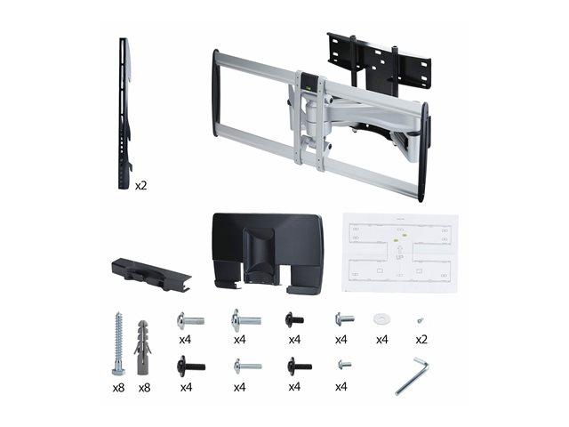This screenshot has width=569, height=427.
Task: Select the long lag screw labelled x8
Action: [118, 343]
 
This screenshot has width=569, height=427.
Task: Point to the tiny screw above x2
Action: [421, 320]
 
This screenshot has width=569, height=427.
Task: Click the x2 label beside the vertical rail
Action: [140, 186]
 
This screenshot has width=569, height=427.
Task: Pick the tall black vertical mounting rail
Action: [124, 113]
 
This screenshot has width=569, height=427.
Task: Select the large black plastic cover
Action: [268, 253]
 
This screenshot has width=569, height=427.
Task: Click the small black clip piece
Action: [151, 274]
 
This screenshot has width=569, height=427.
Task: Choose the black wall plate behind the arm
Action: [380, 62]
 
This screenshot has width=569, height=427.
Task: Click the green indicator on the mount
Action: [309, 87]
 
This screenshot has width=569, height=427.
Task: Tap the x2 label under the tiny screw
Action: [421, 340]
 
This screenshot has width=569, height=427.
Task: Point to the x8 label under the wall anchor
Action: [144, 388]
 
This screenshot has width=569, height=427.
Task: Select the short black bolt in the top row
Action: [294, 320]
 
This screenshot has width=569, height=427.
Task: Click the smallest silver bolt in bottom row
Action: [344, 364]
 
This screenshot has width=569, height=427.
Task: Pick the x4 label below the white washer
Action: [381, 340]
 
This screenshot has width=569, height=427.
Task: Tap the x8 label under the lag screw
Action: [118, 388]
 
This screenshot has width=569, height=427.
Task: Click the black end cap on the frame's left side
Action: [216, 93]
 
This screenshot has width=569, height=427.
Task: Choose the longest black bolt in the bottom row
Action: [191, 367]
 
